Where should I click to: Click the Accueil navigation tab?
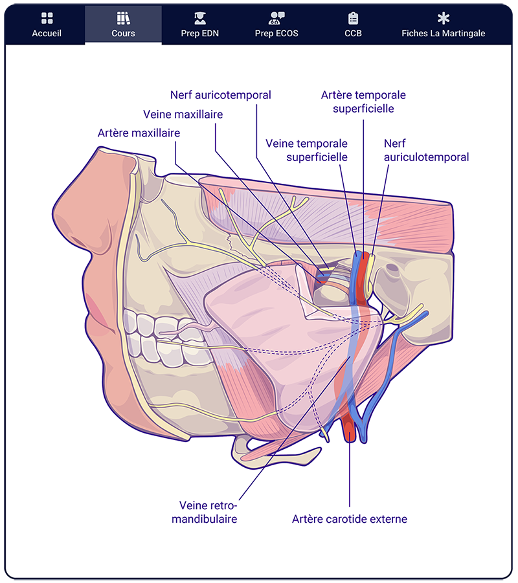point(47,25)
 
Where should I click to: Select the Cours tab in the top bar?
point(123,25)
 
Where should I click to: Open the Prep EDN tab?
point(199,25)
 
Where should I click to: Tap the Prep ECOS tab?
point(276,25)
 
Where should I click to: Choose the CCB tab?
point(353,25)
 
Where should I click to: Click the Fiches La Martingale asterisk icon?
point(443,18)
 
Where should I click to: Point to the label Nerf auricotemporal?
point(220,95)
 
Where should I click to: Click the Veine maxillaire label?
point(183,114)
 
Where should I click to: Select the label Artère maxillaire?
point(139,133)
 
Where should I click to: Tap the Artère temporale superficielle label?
point(363,102)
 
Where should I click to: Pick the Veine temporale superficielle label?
point(306,149)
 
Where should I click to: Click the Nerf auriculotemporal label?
point(426,149)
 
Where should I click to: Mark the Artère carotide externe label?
point(349,519)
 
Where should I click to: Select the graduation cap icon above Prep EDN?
point(199,18)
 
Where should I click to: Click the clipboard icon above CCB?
point(353,18)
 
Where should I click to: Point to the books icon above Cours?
point(123,18)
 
